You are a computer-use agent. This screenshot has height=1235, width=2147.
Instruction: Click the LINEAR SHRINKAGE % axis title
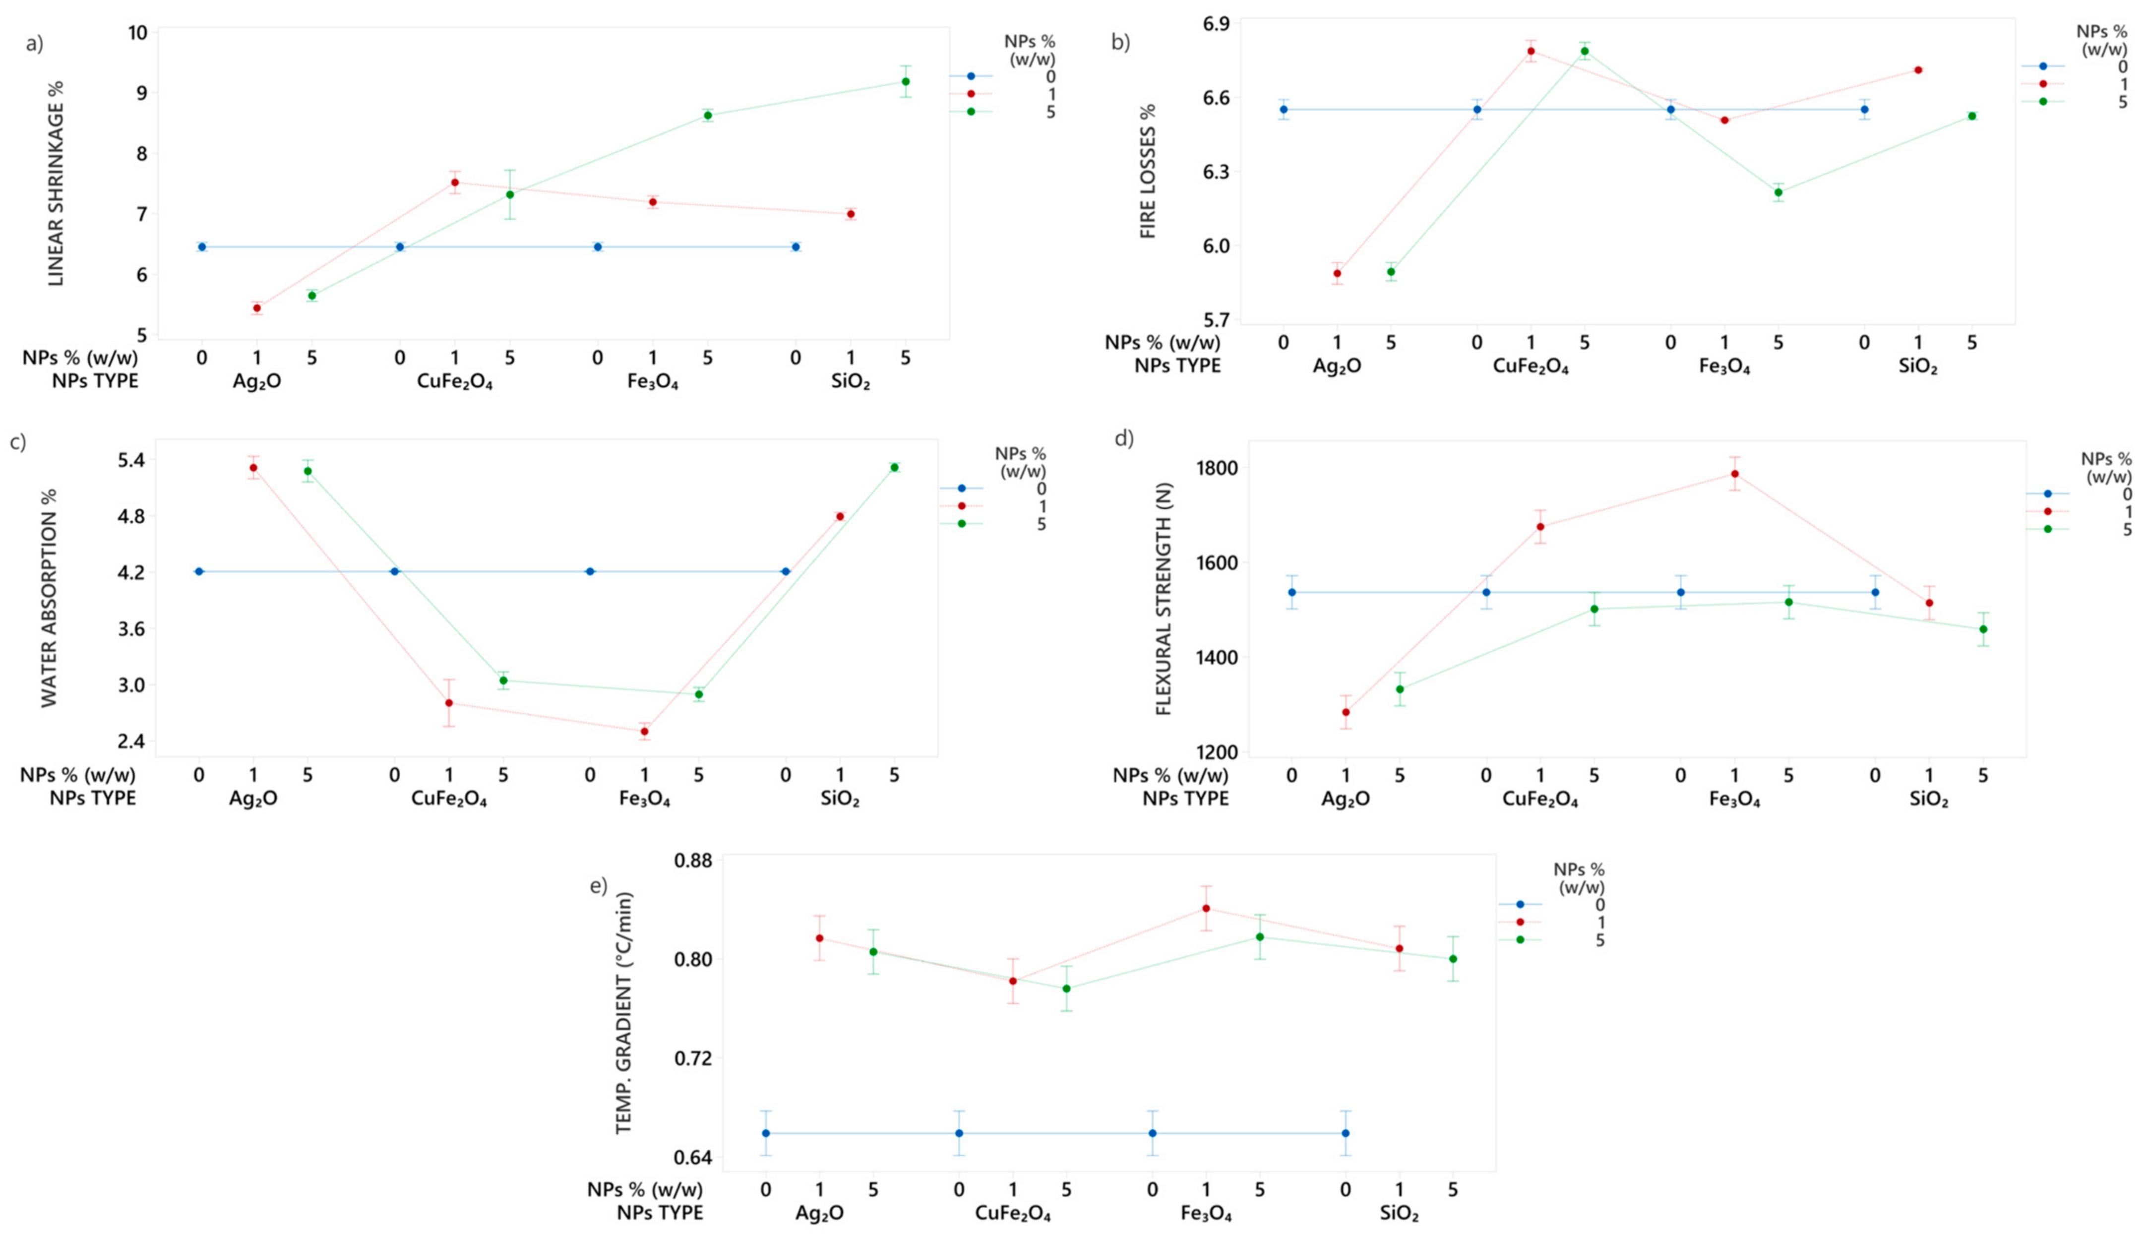coord(56,183)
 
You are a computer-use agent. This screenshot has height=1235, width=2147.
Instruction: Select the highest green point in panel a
coord(906,81)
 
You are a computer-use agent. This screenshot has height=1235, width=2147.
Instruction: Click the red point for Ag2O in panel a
coord(257,308)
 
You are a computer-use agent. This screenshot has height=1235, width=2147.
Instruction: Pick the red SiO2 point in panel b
coord(1918,69)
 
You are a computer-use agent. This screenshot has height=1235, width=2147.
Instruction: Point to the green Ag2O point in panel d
coord(1400,689)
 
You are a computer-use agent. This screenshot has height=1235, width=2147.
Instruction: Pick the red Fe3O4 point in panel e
coord(1206,909)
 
